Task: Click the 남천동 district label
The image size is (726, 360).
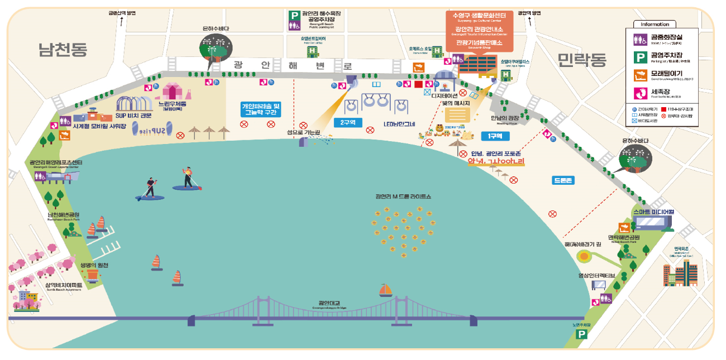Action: [63, 50]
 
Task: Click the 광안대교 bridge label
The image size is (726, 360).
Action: [330, 304]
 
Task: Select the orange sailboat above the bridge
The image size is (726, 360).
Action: [386, 290]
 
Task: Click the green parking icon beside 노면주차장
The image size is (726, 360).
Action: [582, 334]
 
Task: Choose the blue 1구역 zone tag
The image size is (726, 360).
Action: [495, 136]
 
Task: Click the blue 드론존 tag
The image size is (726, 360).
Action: [562, 180]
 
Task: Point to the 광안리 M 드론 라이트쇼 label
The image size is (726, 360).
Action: [403, 196]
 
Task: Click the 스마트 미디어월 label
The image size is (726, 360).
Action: [653, 212]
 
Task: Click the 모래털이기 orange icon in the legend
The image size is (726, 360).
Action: [640, 75]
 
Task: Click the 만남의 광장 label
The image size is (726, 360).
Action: [504, 118]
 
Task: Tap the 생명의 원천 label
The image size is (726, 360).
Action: [94, 265]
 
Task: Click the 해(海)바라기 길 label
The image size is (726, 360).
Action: [582, 244]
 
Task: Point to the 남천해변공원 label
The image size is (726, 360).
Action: [63, 215]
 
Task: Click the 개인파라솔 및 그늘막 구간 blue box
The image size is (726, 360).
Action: [260, 109]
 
